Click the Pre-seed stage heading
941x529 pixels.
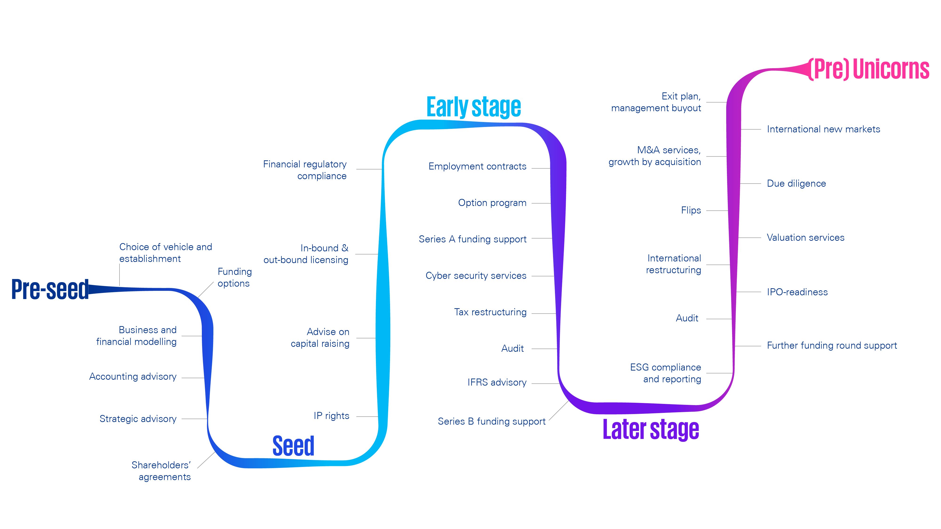(50, 289)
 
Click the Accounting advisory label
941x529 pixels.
(133, 376)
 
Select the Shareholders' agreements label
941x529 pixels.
(161, 471)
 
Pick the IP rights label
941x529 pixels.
(331, 416)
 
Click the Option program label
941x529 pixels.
(492, 203)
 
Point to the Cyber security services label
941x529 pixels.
(476, 276)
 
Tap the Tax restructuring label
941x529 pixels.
(490, 312)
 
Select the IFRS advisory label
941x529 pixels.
(497, 382)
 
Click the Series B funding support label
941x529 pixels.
(491, 421)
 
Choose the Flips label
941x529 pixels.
(691, 210)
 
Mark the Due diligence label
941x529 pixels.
(796, 183)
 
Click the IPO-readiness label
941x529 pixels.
(797, 292)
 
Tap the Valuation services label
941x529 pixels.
(805, 238)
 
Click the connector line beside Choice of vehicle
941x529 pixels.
(120, 275)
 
